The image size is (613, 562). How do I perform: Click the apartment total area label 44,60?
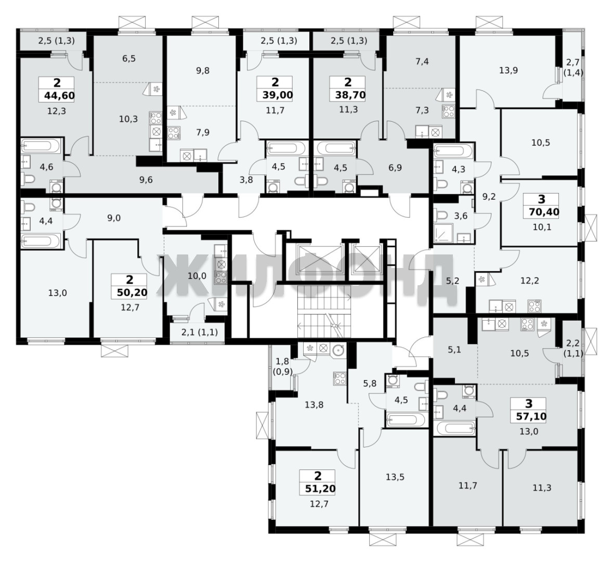59,96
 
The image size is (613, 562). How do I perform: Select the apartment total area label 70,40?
541,212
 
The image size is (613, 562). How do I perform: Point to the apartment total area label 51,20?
317,489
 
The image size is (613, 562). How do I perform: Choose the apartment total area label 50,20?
129,292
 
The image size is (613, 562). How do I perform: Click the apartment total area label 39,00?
275,95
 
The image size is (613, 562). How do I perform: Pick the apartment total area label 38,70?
347,95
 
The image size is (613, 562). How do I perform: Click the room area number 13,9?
508,71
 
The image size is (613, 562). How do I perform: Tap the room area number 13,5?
395,477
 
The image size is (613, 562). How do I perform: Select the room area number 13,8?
314,405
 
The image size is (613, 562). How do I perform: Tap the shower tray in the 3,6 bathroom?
444,233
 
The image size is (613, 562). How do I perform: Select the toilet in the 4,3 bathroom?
441,184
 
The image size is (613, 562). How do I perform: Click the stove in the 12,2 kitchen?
533,305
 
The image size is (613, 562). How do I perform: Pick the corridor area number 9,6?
146,180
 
